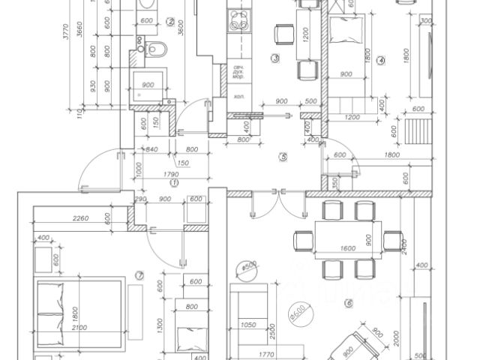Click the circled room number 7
[138, 274]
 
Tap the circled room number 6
[348, 303]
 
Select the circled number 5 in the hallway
[282, 157]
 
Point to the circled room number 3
[275, 58]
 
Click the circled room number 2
[170, 22]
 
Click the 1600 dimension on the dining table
[347, 247]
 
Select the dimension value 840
[151, 150]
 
